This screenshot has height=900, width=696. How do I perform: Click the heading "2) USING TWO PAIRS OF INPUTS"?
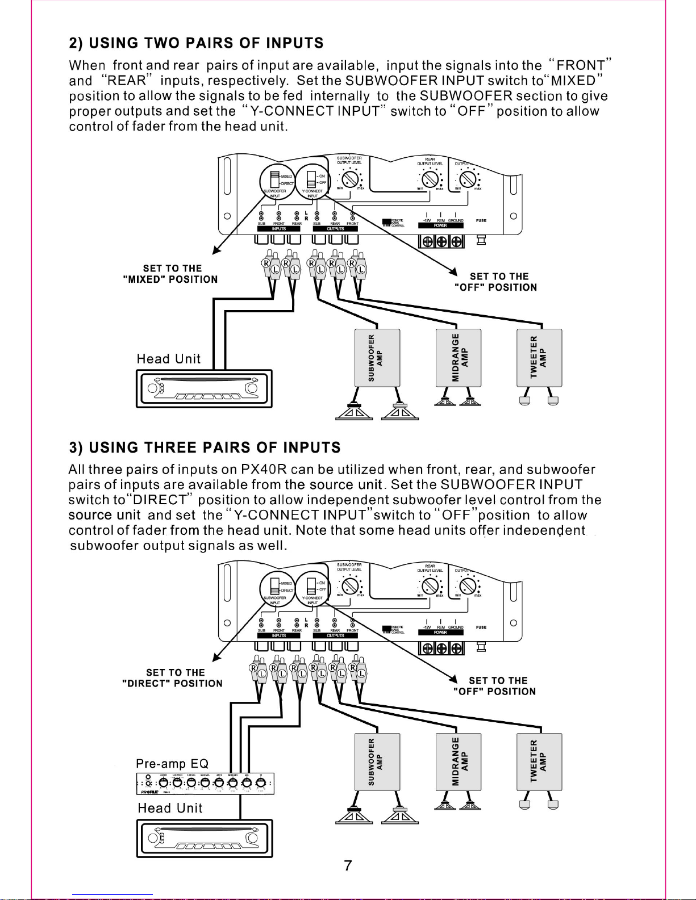click(x=196, y=43)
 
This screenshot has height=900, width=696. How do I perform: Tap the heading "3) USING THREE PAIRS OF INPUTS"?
click(x=205, y=447)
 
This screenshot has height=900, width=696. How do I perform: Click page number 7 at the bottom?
click(x=348, y=865)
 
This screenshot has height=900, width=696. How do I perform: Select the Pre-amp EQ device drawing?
click(x=206, y=784)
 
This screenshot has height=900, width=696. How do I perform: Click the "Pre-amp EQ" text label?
click(x=172, y=763)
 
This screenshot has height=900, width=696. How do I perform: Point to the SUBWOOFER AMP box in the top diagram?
click(x=377, y=358)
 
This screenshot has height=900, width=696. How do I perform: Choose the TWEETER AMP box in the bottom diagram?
click(x=539, y=761)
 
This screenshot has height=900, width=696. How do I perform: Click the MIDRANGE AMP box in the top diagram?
click(x=458, y=358)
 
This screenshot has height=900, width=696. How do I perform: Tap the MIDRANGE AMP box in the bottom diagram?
click(x=458, y=761)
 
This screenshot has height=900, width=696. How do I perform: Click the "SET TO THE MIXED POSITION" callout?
click(x=170, y=274)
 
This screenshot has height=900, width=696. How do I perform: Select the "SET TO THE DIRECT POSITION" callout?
click(x=173, y=678)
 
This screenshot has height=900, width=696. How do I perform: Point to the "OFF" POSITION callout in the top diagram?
click(x=495, y=282)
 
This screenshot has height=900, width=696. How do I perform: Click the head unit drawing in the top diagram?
click(x=204, y=388)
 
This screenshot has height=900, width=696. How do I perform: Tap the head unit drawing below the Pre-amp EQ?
click(x=204, y=838)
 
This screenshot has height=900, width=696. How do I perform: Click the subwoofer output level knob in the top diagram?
click(x=349, y=180)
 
